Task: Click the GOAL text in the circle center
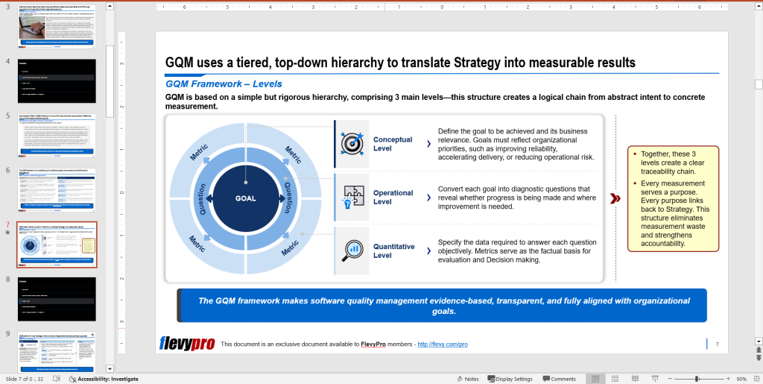click(245, 198)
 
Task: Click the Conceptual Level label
click(393, 144)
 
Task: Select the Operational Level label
click(393, 197)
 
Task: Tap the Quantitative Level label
click(393, 251)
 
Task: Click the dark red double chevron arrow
click(615, 198)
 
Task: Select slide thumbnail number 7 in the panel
click(57, 244)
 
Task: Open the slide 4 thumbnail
click(57, 81)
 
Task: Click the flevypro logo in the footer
click(187, 344)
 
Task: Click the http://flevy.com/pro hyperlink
click(443, 344)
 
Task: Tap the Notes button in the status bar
click(467, 379)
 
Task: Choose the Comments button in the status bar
click(559, 379)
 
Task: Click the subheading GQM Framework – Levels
click(224, 84)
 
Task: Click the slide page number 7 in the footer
click(717, 344)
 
